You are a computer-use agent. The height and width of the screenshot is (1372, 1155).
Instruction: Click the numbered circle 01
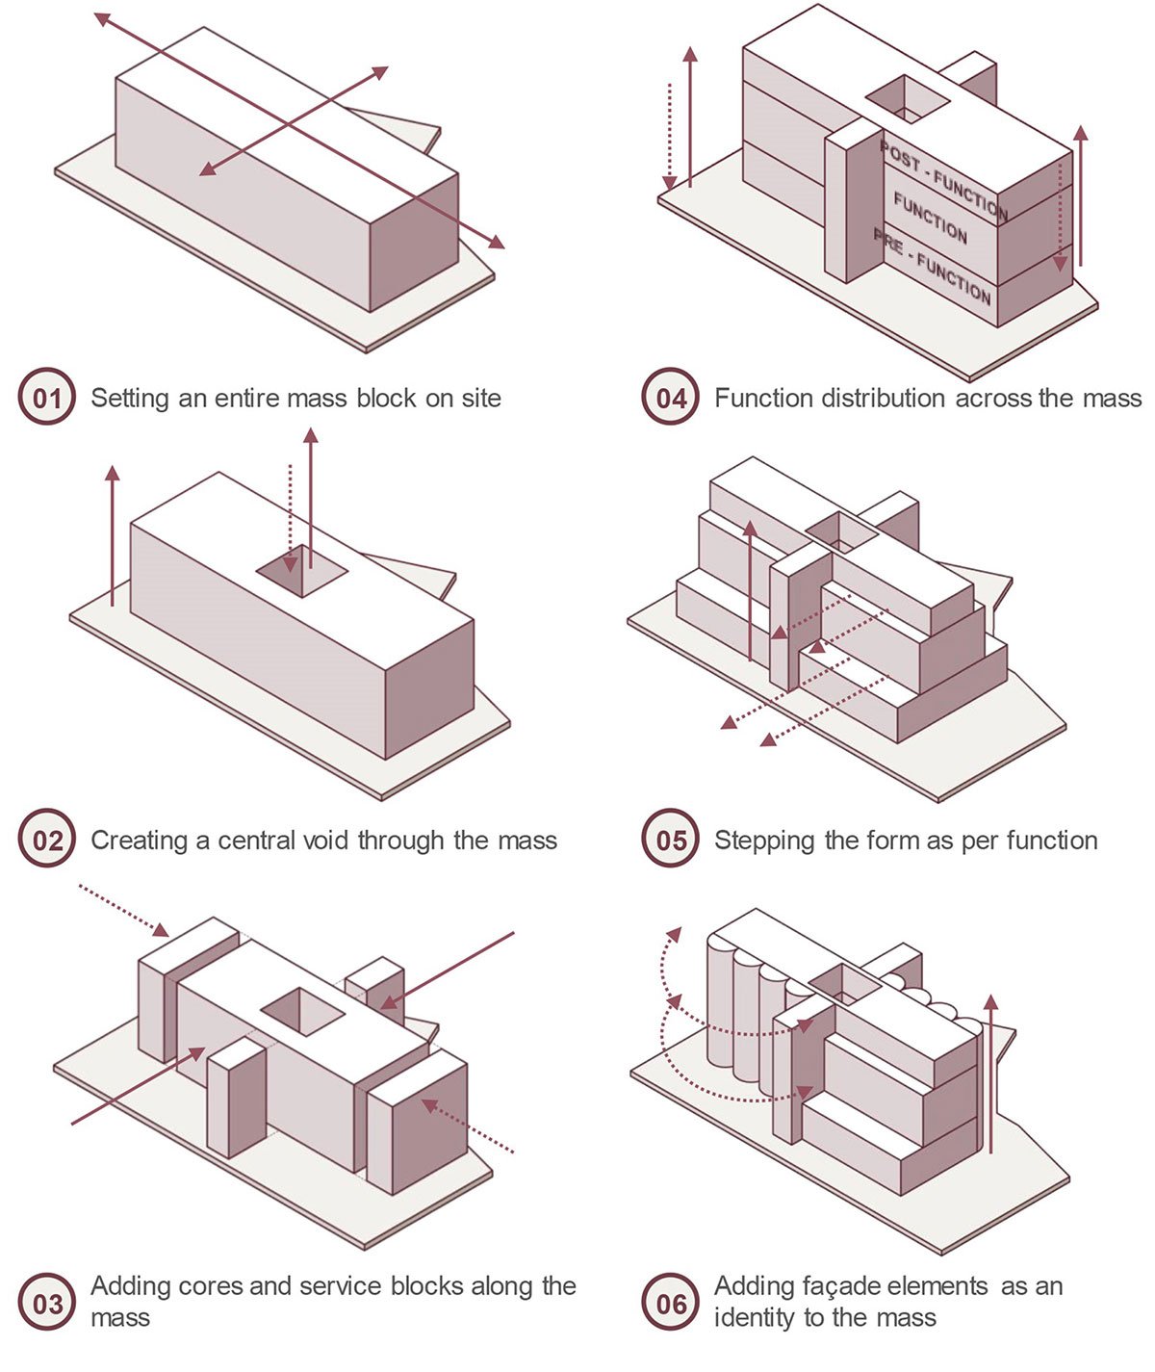(47, 398)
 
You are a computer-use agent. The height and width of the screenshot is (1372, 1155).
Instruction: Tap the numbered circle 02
(47, 841)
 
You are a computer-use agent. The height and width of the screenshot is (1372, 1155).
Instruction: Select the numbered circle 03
(47, 1305)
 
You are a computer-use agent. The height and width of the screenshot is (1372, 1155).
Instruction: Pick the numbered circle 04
(671, 398)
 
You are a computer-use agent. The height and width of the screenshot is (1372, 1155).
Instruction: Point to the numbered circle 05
(671, 841)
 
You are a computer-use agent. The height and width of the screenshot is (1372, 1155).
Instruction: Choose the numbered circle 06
(671, 1305)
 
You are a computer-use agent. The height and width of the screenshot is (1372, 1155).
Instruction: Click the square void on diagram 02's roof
(301, 570)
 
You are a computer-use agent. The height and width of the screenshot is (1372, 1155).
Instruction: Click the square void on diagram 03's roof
(303, 1010)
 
